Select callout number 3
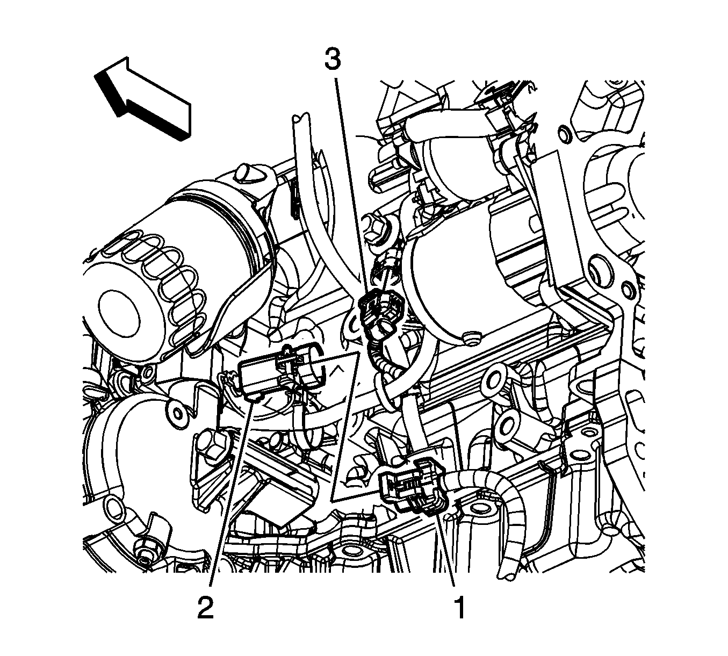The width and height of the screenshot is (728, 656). pos(333,60)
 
